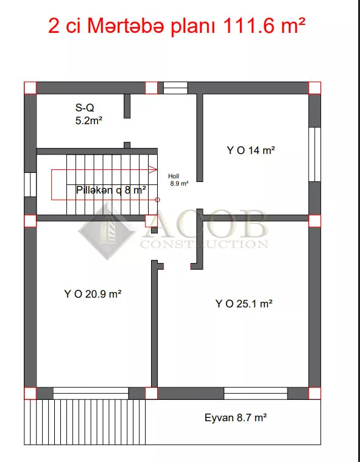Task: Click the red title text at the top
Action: click(x=176, y=26)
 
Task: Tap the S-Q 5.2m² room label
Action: click(x=89, y=114)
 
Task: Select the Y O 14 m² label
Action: click(x=251, y=150)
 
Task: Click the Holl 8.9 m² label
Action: click(x=178, y=180)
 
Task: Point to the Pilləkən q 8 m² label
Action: click(x=111, y=190)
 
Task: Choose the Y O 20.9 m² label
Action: click(x=93, y=294)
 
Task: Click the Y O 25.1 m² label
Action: click(x=244, y=304)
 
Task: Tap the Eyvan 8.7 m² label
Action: click(x=236, y=418)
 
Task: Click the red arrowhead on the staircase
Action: click(x=153, y=169)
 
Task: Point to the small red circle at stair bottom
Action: click(x=157, y=200)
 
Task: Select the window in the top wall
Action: click(x=175, y=88)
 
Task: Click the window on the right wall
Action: click(x=314, y=155)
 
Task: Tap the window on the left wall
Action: click(x=30, y=184)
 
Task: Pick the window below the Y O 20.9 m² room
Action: click(x=91, y=393)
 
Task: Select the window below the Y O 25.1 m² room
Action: click(x=256, y=393)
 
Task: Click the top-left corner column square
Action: click(x=30, y=88)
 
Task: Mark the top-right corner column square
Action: click(x=314, y=88)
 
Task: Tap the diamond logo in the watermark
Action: click(x=107, y=231)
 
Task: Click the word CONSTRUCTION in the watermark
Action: click(x=204, y=244)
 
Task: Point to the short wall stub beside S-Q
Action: click(x=127, y=106)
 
